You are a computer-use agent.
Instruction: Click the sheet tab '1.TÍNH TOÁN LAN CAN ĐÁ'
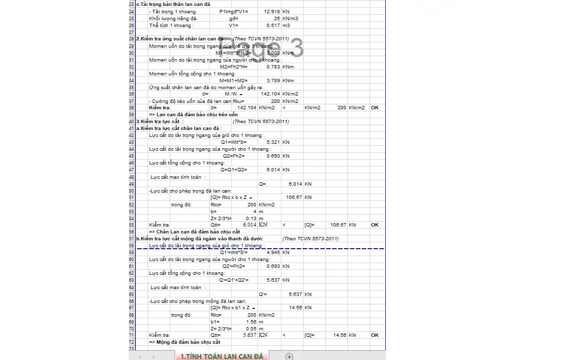pyautogui.click(x=222, y=356)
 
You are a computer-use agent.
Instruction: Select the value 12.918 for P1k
pyautogui.click(x=272, y=11)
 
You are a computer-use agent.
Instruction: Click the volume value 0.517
pyautogui.click(x=273, y=25)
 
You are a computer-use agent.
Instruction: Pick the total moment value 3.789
pyautogui.click(x=273, y=80)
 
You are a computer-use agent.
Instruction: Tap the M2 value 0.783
pyautogui.click(x=273, y=66)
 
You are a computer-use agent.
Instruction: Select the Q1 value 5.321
pyautogui.click(x=273, y=142)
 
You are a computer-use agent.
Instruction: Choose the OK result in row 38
pyautogui.click(x=375, y=107)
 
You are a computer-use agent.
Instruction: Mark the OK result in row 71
pyautogui.click(x=375, y=335)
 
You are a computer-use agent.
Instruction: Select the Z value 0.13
pyautogui.click(x=251, y=218)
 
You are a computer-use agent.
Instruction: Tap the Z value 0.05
pyautogui.click(x=251, y=328)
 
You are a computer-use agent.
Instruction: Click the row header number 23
pyautogui.click(x=131, y=4)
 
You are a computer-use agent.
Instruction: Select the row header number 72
pyautogui.click(x=131, y=342)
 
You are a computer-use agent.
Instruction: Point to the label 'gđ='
pyautogui.click(x=234, y=18)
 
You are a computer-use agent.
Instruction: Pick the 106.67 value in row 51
pyautogui.click(x=294, y=197)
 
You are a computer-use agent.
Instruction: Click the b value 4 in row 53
pyautogui.click(x=255, y=211)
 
